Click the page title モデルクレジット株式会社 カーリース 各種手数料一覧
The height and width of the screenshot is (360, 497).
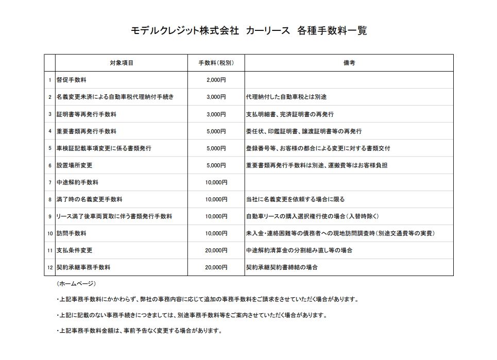[249, 31]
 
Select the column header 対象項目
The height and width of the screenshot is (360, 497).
[122, 63]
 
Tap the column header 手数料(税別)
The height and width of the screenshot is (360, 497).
[216, 63]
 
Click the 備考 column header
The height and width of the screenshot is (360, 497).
[349, 63]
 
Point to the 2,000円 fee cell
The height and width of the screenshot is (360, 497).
[216, 80]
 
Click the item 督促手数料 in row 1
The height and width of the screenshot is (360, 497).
[72, 80]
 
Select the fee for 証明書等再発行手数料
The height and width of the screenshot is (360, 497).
[216, 114]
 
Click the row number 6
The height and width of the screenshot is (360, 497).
[50, 165]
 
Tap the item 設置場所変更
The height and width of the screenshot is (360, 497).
[75, 165]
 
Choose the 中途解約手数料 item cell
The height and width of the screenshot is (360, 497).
[78, 182]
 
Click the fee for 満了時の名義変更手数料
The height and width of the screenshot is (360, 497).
[216, 199]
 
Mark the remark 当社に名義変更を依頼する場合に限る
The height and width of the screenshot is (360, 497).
[296, 199]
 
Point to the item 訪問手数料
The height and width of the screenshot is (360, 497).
[72, 233]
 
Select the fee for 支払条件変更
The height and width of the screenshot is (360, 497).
[216, 250]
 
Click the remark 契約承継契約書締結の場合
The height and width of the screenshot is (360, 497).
[282, 267]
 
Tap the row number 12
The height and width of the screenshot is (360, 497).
[50, 267]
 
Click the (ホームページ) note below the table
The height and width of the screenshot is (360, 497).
[76, 284]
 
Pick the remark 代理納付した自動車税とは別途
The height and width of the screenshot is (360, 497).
[286, 97]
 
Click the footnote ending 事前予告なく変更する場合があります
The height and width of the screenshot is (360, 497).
[139, 331]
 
